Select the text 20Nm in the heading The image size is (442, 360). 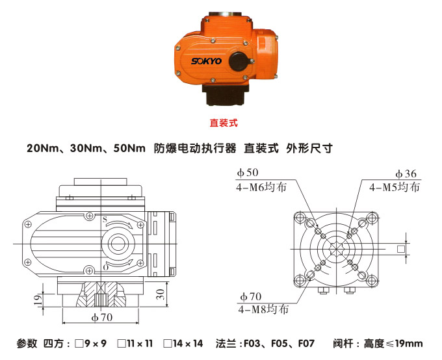(x=40, y=148)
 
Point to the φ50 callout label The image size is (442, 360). (x=248, y=173)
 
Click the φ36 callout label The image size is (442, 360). (x=406, y=174)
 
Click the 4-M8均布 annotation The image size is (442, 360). (x=263, y=309)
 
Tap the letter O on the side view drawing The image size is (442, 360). (x=105, y=267)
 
